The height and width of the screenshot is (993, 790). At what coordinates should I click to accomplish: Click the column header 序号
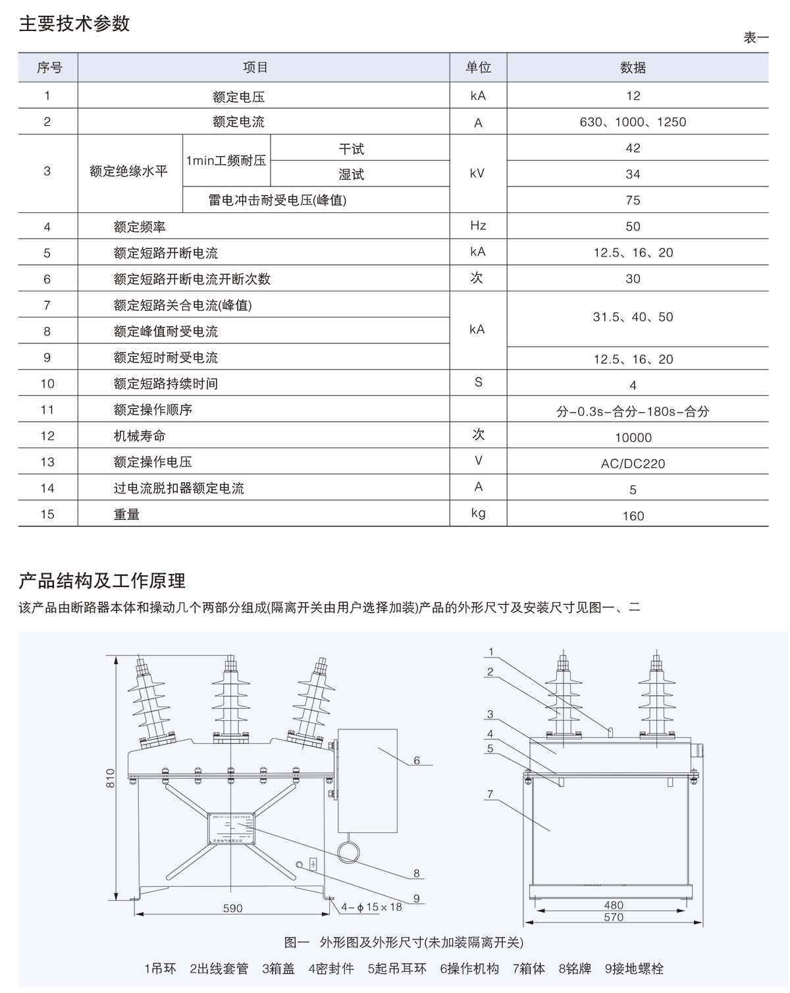[x=49, y=67]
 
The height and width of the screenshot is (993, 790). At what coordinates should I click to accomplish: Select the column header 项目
[x=255, y=67]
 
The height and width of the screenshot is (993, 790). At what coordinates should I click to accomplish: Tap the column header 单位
[x=479, y=67]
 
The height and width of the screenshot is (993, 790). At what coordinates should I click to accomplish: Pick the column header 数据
[x=633, y=67]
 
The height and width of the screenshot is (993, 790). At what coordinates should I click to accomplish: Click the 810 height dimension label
[x=111, y=778]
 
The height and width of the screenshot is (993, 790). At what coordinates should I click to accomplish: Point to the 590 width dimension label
[x=232, y=908]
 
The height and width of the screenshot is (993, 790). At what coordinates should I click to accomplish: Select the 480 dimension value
[x=613, y=905]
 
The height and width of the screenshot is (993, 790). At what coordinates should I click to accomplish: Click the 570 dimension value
[x=613, y=917]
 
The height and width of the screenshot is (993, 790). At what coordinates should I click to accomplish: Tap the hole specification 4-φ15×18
[x=371, y=907]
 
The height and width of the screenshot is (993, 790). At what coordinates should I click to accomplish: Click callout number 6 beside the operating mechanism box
[x=417, y=760]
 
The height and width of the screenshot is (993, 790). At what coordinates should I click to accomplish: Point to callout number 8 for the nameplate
[x=417, y=874]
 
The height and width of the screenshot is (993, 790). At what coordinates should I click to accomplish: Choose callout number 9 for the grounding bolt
[x=417, y=898]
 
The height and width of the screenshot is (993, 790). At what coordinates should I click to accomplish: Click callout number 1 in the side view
[x=491, y=652]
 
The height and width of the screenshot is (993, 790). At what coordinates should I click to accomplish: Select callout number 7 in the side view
[x=491, y=795]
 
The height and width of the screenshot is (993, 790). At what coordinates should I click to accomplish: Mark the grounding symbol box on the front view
[x=313, y=863]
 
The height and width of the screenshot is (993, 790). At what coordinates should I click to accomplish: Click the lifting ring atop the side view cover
[x=610, y=730]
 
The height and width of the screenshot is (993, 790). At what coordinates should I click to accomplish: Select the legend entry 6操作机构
[x=469, y=969]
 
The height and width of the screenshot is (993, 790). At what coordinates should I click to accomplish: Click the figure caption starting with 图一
[x=404, y=942]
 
